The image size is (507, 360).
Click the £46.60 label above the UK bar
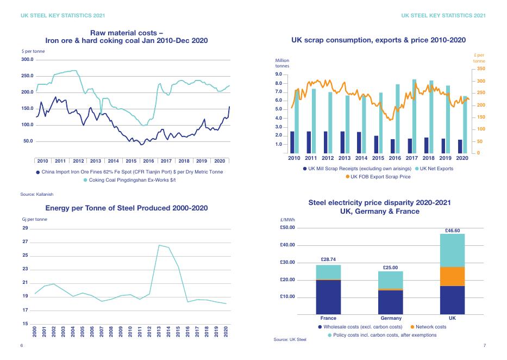click(452, 230)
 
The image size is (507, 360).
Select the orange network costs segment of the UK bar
click(452, 276)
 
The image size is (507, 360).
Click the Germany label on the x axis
click(391, 318)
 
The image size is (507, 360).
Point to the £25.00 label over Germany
click(390, 268)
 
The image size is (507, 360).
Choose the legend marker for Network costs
click(411, 327)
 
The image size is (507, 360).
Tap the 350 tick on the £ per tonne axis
click(480, 69)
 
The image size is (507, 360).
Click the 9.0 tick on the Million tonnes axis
click(278, 75)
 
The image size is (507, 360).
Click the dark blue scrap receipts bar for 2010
click(292, 142)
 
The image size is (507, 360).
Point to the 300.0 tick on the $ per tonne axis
click(27, 59)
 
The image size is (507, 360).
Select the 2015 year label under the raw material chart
click(131, 161)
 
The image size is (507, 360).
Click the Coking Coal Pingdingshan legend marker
click(85, 181)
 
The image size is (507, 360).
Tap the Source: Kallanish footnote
click(37, 194)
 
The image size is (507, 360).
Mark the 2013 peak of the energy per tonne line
click(159, 245)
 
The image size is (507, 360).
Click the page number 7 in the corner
click(484, 345)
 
